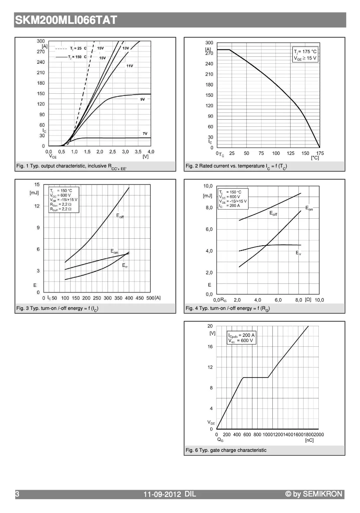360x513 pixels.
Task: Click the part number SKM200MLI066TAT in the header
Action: pos(66,20)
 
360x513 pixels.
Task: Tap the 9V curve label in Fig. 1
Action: pos(142,99)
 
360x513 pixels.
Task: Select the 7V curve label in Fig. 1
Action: pos(145,133)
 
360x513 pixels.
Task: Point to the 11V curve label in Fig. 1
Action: pos(130,66)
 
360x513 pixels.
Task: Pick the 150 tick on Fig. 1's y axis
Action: pos(41,93)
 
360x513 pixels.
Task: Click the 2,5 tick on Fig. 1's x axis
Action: pos(112,151)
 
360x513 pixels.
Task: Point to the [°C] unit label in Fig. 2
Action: pos(315,158)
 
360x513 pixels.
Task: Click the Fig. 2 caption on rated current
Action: pos(236,166)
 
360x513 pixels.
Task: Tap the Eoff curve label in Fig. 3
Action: pos(120,216)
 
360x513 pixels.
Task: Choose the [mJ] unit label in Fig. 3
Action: pos(35,193)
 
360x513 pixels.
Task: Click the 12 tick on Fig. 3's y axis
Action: pos(37,206)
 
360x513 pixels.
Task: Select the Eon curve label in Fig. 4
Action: pos(309,209)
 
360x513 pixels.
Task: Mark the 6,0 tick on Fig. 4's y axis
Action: pos(208,229)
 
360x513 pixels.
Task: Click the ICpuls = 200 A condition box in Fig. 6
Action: pos(241,338)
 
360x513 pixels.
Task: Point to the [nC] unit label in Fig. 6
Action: pos(309,440)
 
